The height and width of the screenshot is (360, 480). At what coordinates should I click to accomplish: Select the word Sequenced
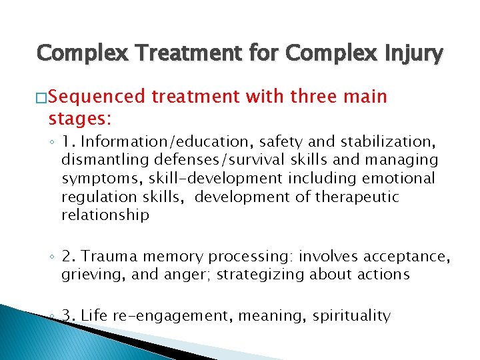click(97, 97)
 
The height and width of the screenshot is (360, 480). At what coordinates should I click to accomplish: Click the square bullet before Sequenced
click(43, 98)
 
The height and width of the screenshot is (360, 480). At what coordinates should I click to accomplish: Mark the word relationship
click(105, 215)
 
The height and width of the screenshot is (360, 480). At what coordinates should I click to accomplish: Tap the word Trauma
click(107, 257)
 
